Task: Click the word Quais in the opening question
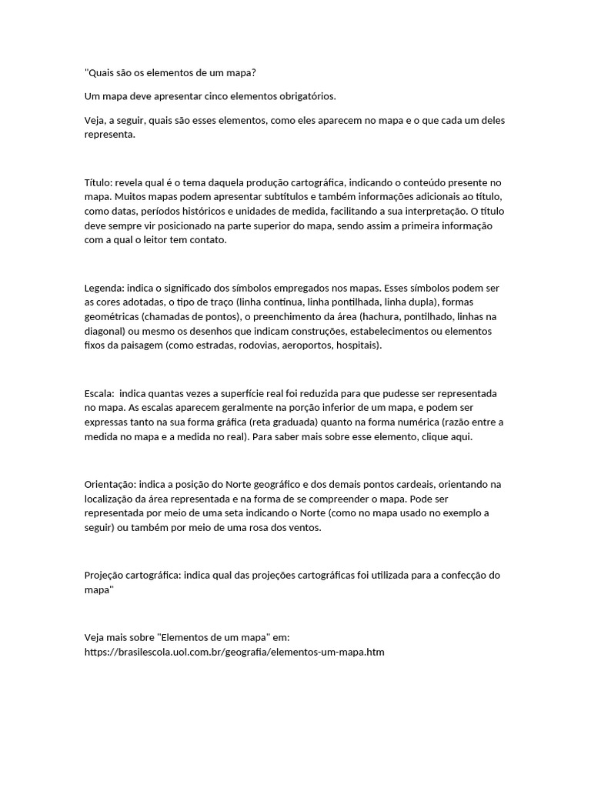pyautogui.click(x=101, y=73)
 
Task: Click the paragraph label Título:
pyautogui.click(x=98, y=182)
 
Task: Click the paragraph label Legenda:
pyautogui.click(x=103, y=288)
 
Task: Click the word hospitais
pyautogui.click(x=357, y=346)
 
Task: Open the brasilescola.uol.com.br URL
pyautogui.click(x=233, y=652)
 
